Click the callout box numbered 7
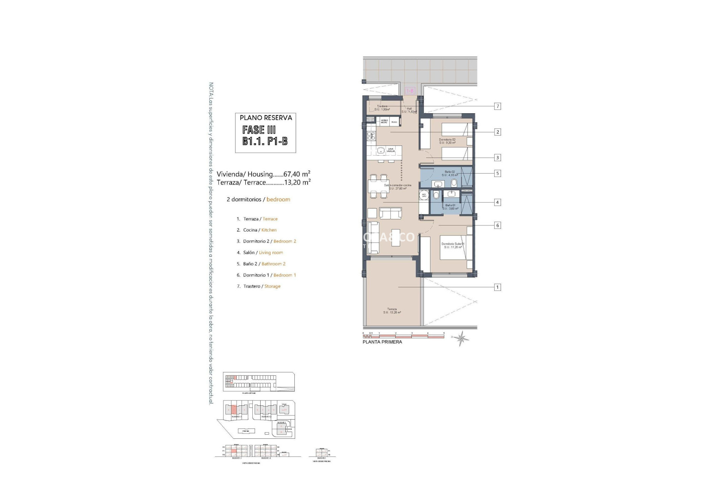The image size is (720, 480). (498, 106)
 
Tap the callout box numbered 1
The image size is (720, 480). (498, 287)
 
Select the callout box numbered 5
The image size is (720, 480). (498, 174)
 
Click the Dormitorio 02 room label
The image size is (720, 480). (447, 141)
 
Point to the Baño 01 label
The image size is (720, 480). (450, 207)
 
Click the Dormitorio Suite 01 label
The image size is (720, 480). (453, 245)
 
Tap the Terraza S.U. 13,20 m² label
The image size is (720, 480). (392, 311)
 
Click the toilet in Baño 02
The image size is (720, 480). (454, 183)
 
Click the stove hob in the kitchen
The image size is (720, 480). (109, 136)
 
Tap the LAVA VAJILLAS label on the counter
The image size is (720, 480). (391, 150)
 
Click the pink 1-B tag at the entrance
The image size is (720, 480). (410, 91)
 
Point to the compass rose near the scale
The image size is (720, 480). (461, 338)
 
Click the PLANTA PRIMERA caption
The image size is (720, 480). (382, 342)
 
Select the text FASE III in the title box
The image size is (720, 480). (259, 130)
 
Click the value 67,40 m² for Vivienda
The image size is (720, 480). (297, 174)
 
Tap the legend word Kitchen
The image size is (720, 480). (269, 230)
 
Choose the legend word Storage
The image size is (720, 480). (272, 286)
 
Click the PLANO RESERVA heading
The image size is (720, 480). (265, 118)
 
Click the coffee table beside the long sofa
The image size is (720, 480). (396, 237)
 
